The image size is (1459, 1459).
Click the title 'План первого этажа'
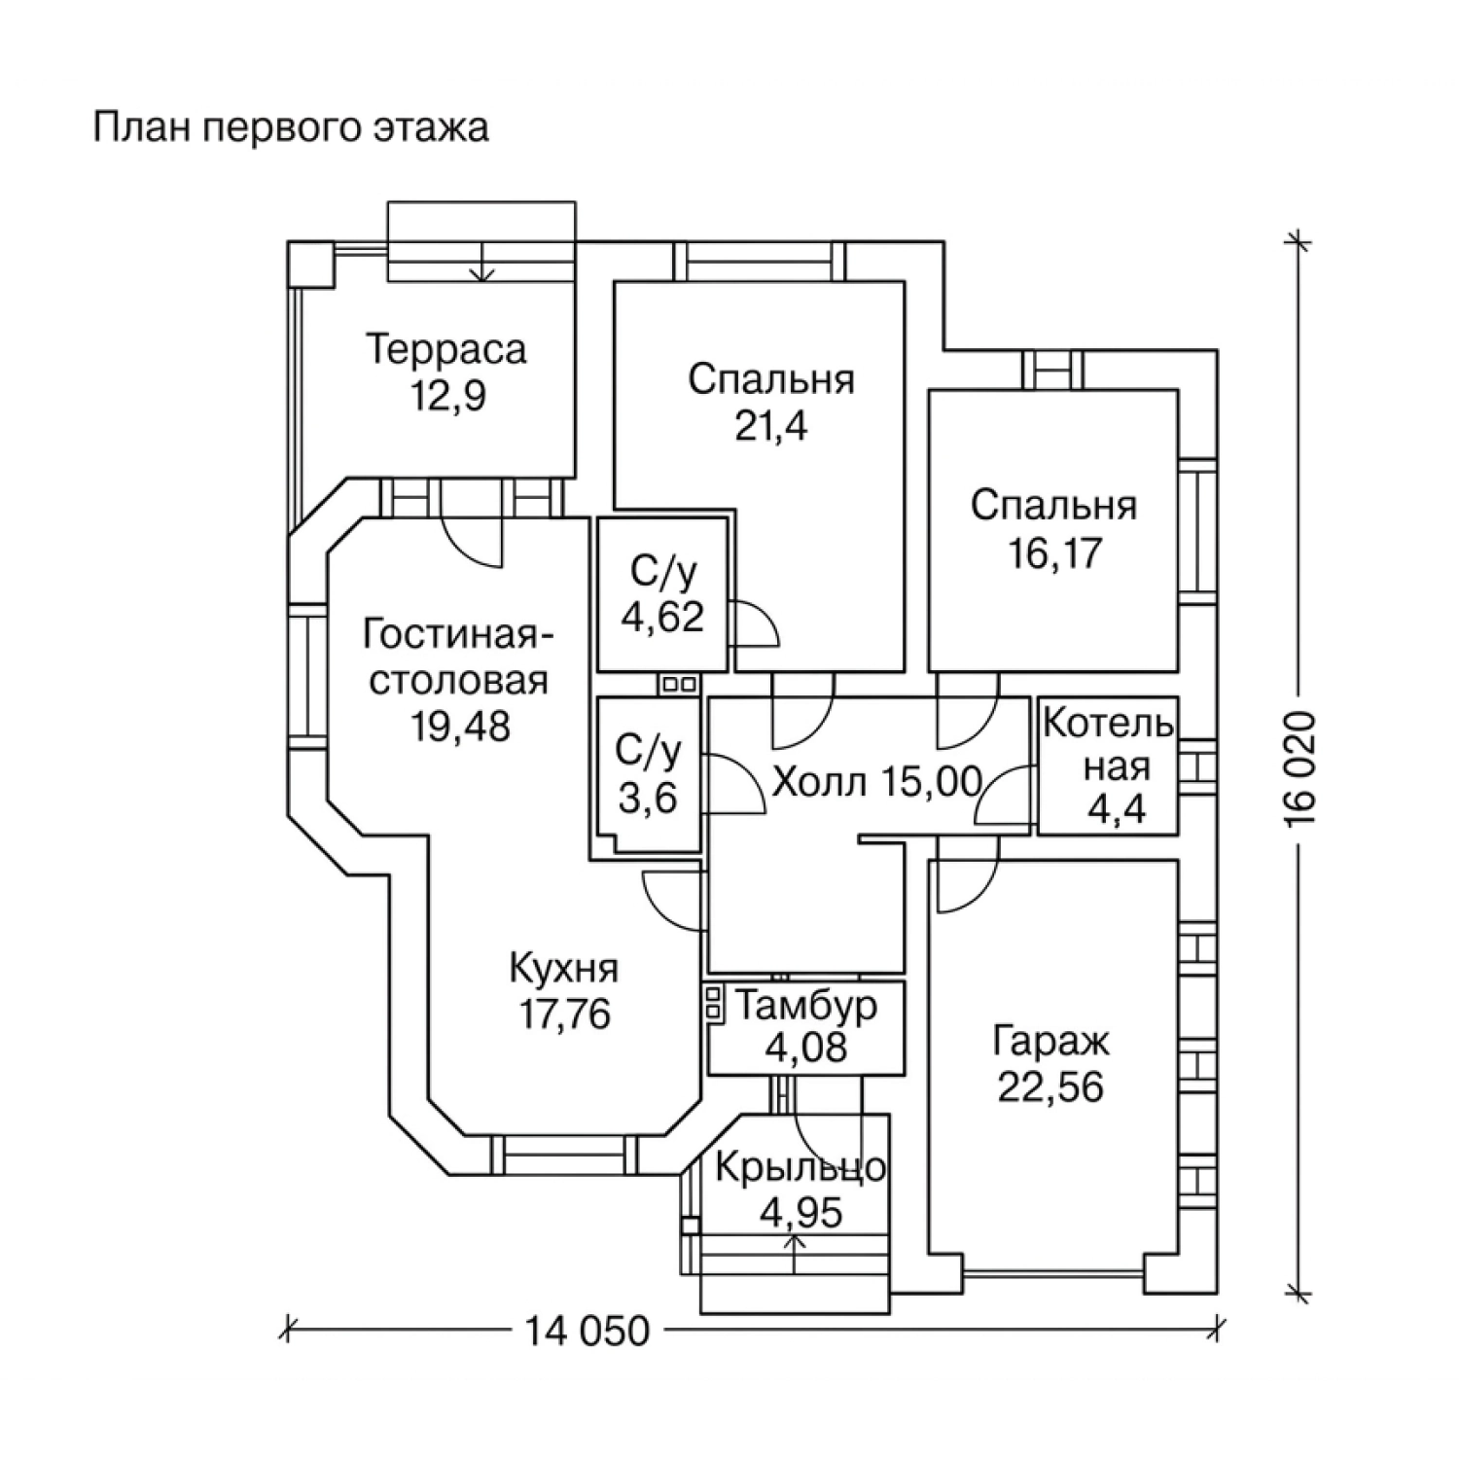pos(291,128)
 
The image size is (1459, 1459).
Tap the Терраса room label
pos(446,350)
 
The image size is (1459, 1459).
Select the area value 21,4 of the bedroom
pos(771,427)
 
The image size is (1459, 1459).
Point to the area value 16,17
pos(1054,553)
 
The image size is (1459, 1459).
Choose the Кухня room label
pos(564,969)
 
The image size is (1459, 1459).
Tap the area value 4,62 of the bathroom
pos(663,617)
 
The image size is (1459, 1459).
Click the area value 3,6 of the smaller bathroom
pos(648,799)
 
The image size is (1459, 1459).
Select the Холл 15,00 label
pos(876,781)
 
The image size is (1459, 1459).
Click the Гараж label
pos(1050,1042)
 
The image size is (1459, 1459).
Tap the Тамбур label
pos(805,1006)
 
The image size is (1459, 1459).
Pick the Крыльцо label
pos(801,1167)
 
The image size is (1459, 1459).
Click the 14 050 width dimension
pos(587,1331)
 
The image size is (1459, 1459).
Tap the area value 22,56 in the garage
pos(1050,1087)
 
